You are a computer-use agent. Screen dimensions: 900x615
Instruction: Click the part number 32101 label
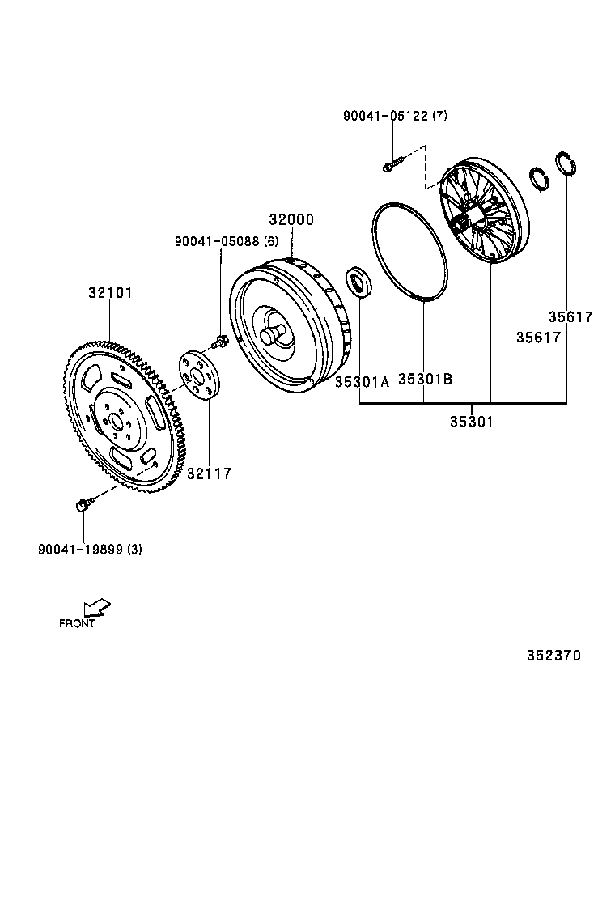point(110,293)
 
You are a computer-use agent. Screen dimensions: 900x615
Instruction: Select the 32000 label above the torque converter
point(291,220)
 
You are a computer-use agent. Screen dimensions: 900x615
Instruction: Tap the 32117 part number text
point(209,473)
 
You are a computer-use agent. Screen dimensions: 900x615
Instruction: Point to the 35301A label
point(363,382)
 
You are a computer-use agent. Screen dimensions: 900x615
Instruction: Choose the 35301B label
point(425,379)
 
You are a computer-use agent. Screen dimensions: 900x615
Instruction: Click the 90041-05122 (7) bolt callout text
point(395,116)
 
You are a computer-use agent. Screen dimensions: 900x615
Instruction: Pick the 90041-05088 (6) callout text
point(227,241)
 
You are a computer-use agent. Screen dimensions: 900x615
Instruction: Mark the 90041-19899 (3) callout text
point(90,550)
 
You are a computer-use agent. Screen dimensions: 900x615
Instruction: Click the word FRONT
point(77,624)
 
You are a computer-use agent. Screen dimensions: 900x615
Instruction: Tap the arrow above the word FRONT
point(96,608)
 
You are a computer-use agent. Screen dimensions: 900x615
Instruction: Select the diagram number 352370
point(554,656)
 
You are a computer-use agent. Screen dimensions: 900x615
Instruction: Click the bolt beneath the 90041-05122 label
point(392,165)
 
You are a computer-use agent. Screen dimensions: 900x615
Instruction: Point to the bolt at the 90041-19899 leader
point(82,506)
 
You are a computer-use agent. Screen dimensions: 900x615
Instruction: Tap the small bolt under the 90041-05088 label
point(218,345)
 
